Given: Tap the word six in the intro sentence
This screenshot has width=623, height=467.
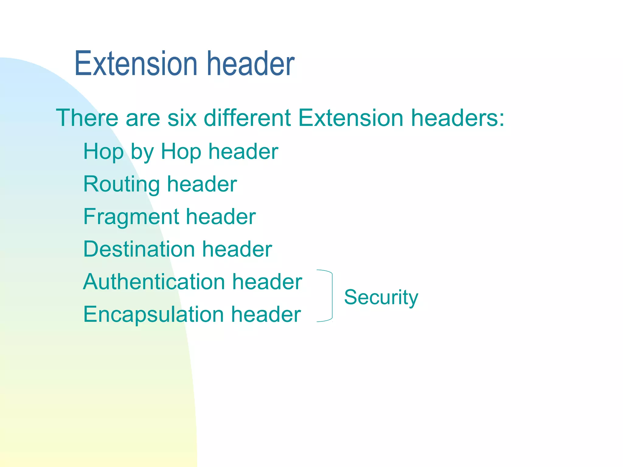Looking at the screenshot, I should point(182,118).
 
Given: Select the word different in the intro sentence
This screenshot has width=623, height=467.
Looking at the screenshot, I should point(247,118).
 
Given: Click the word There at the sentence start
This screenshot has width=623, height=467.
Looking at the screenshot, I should point(87,118).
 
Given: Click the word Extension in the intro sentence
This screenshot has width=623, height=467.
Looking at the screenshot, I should point(351,118).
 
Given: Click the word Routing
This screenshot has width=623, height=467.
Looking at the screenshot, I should point(121,185).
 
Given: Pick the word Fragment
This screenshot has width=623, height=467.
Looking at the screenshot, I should point(131,217).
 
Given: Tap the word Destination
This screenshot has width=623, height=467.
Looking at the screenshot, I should point(139,249).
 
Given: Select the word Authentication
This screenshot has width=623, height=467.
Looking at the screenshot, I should point(154,282).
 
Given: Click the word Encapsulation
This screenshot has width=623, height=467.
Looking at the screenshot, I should point(153,314).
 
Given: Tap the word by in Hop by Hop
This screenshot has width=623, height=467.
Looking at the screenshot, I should point(142,152).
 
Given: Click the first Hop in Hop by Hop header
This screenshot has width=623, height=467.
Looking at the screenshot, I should point(103,152).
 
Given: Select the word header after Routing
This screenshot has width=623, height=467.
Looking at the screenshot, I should point(202,185).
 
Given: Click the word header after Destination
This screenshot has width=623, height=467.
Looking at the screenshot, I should point(237,249).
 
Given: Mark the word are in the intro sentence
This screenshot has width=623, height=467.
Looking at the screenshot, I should point(143,119).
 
